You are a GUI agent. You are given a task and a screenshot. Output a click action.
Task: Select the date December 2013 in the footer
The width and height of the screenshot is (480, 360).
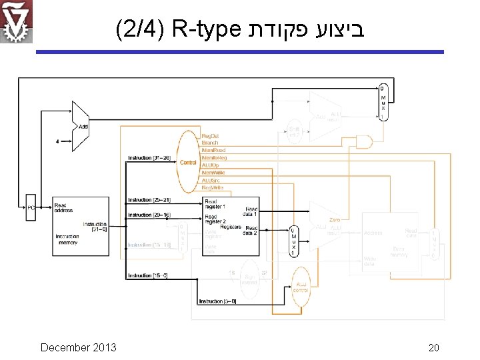coord(78,347)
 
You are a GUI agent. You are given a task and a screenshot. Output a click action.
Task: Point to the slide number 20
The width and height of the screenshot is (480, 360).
coord(433,348)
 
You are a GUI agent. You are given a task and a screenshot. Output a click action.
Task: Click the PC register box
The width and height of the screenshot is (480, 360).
coord(31,208)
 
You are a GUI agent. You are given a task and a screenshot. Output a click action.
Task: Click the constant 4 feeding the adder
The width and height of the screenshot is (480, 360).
coord(58,141)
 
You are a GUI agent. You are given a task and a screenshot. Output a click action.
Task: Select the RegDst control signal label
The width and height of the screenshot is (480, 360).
coord(210,135)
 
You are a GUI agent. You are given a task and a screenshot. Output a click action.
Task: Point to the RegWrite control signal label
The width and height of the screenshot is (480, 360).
coord(212,187)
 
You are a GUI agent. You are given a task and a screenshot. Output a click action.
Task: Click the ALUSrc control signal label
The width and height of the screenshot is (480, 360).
coord(211,180)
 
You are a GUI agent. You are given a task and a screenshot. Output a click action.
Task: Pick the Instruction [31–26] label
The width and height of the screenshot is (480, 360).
coord(149,158)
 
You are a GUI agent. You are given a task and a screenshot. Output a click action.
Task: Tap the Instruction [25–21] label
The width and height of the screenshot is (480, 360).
coord(149,200)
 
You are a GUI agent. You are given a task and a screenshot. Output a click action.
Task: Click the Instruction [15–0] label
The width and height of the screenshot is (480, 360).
coord(149,275)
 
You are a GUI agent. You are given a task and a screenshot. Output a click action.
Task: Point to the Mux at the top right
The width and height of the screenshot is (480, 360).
coord(382,101)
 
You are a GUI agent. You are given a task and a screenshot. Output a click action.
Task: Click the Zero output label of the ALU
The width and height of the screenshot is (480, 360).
coord(335,220)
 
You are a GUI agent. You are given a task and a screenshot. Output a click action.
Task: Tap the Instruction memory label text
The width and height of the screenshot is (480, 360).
coord(67,239)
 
